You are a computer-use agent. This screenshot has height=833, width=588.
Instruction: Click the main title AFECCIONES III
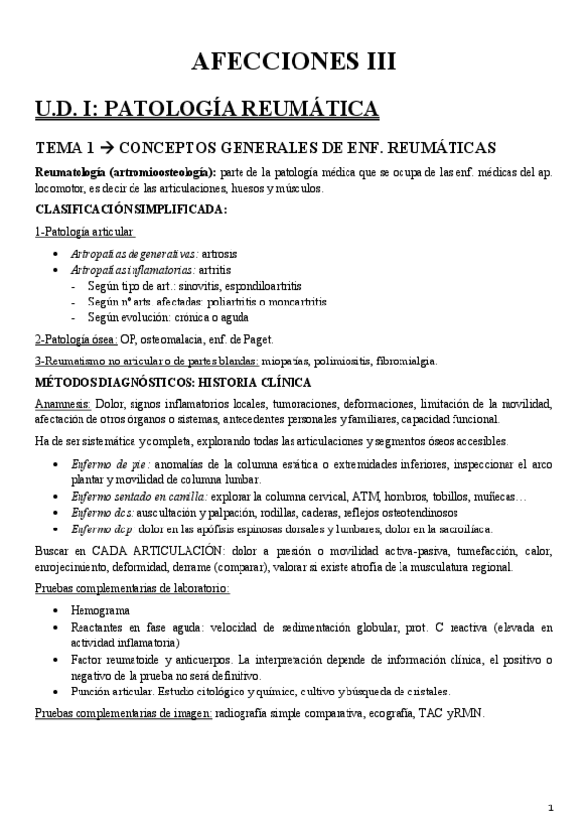(x=294, y=62)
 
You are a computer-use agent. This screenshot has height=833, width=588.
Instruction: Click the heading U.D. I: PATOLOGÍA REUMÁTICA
(x=207, y=107)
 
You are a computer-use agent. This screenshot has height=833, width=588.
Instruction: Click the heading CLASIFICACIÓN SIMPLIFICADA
(x=132, y=209)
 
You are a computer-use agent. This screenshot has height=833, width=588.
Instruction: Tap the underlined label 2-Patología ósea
(x=76, y=340)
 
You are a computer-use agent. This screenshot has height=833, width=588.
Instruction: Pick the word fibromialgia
(x=406, y=361)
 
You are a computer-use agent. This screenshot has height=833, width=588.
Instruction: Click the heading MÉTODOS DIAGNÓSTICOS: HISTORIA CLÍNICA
(x=174, y=381)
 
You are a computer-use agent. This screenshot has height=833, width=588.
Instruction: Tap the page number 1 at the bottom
(x=552, y=807)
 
